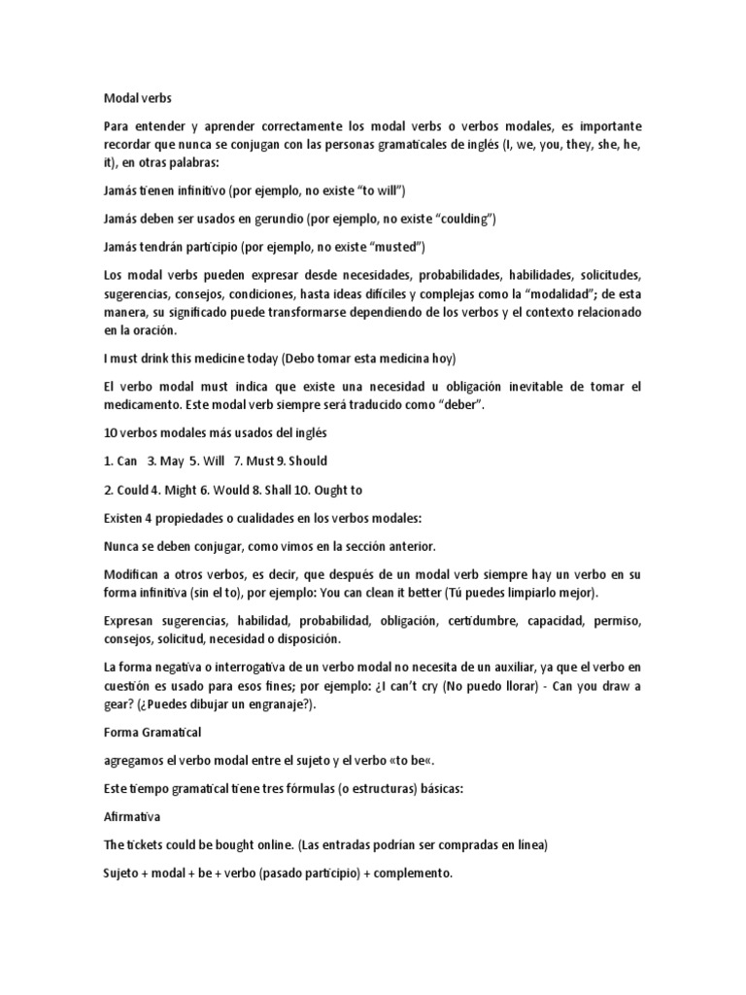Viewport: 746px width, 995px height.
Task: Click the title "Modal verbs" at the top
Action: [x=136, y=97]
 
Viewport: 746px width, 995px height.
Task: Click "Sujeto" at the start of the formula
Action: [x=122, y=874]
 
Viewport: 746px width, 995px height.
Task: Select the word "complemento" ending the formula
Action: [x=415, y=874]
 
